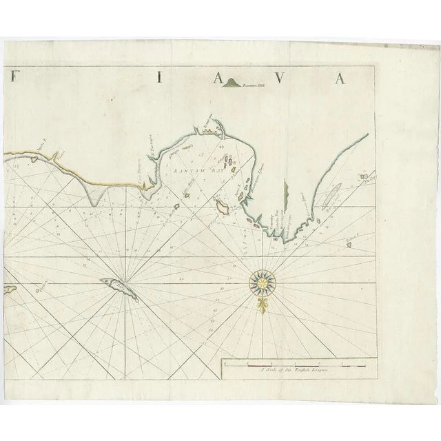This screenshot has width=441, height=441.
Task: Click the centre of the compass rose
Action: coord(264,280)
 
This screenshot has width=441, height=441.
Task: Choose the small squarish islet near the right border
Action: coord(362,178)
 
